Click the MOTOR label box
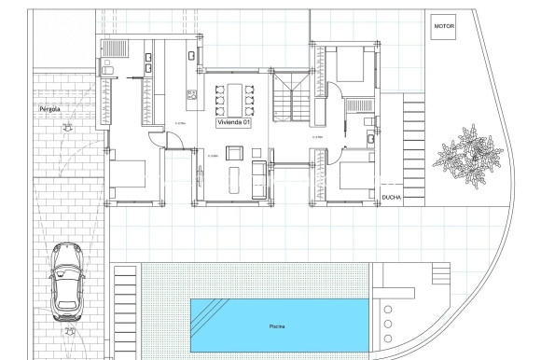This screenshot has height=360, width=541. pyautogui.click(x=444, y=27)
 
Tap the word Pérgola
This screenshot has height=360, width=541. pyautogui.click(x=50, y=109)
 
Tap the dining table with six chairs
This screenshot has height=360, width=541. pyautogui.click(x=234, y=96)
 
